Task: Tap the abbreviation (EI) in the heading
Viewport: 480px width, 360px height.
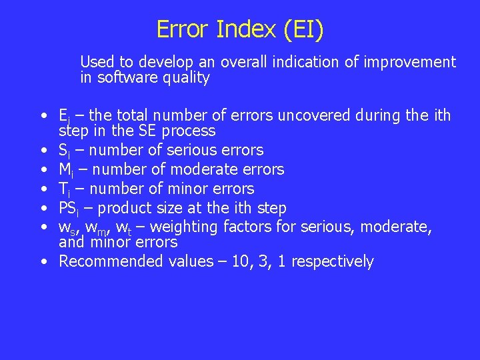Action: [x=303, y=30]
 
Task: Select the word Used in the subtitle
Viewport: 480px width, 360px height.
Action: [x=97, y=63]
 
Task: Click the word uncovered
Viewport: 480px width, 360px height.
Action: [x=309, y=116]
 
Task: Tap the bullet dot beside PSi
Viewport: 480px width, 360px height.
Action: [x=43, y=209]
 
